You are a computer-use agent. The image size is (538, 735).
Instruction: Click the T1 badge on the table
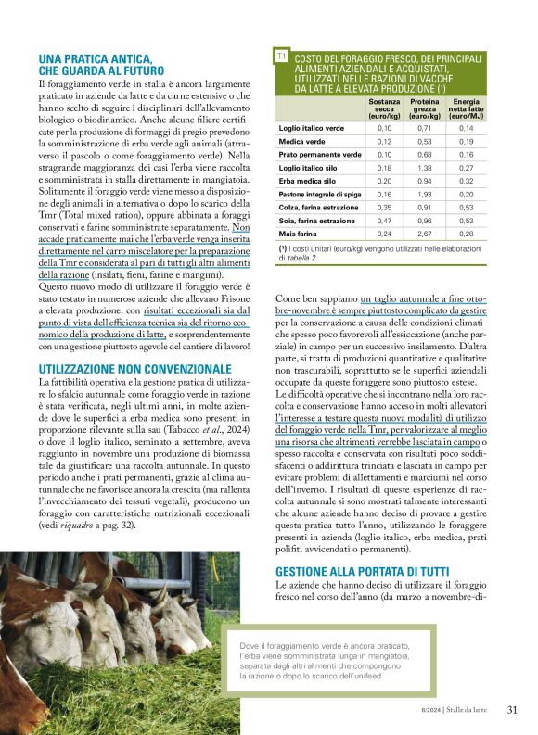point(282,57)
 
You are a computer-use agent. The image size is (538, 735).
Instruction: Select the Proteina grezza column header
point(425,108)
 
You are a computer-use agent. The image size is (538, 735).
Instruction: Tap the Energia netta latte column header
point(466,108)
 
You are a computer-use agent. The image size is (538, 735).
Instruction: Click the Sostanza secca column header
point(384,108)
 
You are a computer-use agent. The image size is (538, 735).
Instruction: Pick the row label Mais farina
point(299,234)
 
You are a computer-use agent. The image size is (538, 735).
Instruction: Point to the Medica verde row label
point(303,141)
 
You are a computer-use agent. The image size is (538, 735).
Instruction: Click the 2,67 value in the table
point(425,234)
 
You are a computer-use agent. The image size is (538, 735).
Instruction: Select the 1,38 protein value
point(425,168)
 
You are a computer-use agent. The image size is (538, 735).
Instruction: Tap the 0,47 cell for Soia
point(384,222)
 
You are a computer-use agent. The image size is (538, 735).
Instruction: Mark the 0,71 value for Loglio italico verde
point(425,128)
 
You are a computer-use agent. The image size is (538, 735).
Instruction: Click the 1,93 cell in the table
point(425,195)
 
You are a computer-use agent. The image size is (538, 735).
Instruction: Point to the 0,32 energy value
point(466,182)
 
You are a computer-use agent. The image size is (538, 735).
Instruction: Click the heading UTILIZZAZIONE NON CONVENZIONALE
point(134,369)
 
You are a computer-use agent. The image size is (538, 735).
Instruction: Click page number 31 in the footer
point(512,710)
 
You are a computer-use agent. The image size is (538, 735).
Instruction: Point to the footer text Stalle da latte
point(468,711)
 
